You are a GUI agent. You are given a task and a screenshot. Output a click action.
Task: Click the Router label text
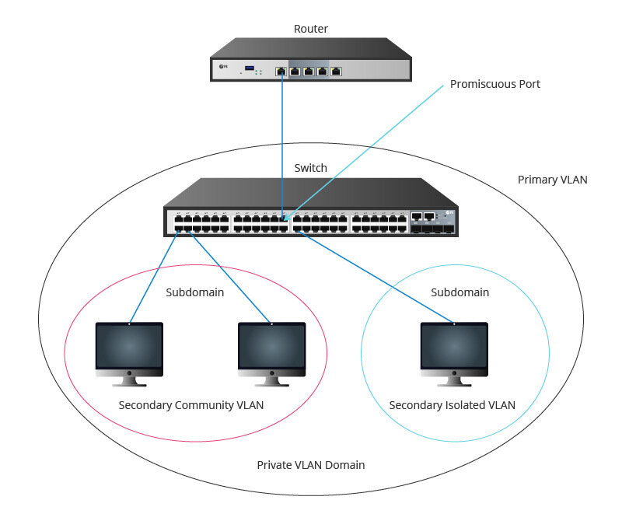coord(310,29)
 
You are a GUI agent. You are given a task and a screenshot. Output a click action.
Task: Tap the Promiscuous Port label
coord(494,83)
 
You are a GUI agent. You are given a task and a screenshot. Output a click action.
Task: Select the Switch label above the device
coord(310,167)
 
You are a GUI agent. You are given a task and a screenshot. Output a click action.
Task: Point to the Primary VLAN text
coord(552,180)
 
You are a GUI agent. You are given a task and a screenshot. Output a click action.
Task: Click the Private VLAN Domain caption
coord(310,465)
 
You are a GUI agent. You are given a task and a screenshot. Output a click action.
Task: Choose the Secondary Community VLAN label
coord(191,405)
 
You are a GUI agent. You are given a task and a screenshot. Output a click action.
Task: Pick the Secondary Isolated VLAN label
coord(452,405)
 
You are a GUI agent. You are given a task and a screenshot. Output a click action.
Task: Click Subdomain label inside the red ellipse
coord(195,292)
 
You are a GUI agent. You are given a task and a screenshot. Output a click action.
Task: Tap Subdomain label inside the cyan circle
coord(460,292)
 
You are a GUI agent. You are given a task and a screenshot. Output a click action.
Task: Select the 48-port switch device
coord(310,210)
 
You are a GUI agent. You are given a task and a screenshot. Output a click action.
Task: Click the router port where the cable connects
coord(281,72)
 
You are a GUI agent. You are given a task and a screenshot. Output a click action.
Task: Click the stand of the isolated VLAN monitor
coord(454,380)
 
